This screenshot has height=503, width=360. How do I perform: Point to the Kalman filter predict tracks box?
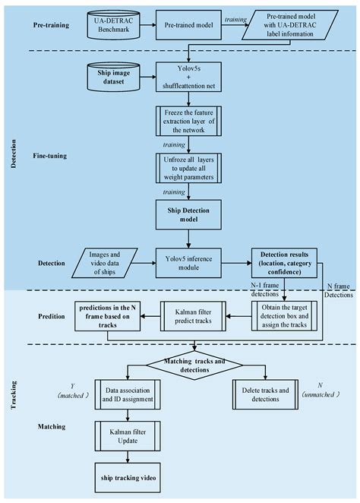click(194, 315)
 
